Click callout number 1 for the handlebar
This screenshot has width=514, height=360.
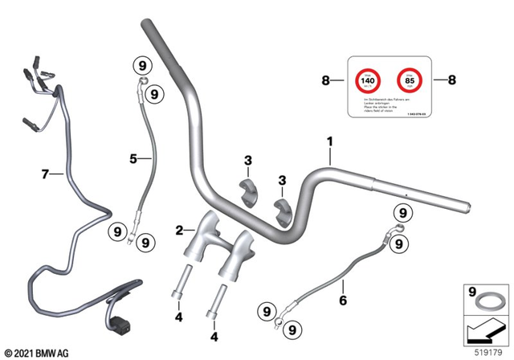coord(328,141)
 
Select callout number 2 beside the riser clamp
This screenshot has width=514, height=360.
coord(179,231)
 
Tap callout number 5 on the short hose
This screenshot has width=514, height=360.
coord(133,158)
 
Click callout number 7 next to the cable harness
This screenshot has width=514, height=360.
coord(46,173)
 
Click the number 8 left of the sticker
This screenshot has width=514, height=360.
coord(326,80)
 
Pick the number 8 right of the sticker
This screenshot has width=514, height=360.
coord(451,80)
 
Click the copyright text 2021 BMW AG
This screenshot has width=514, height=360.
coord(38,352)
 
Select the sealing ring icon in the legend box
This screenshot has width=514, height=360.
coord(487,304)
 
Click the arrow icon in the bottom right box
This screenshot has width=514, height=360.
coord(486,329)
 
